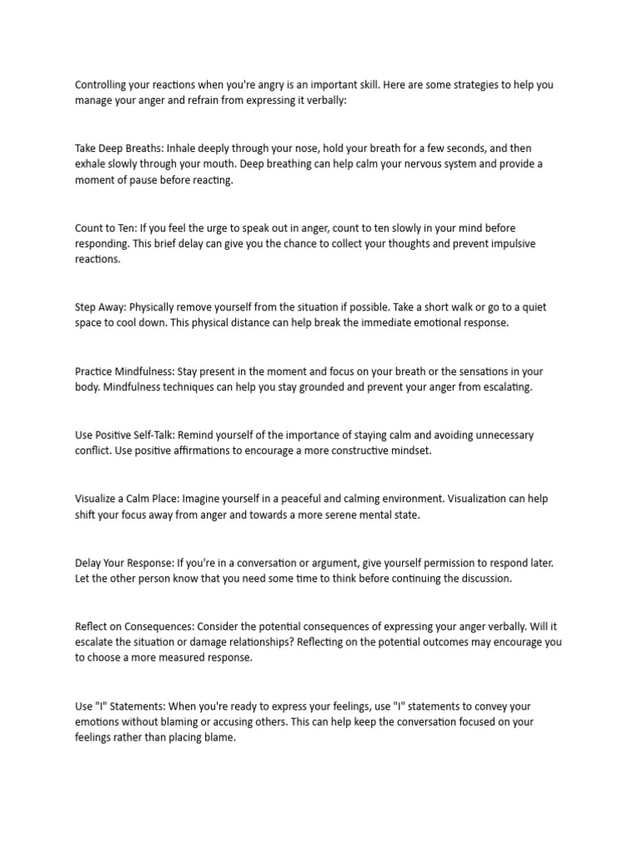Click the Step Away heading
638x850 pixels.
tap(100, 307)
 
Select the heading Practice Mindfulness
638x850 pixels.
tap(125, 372)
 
